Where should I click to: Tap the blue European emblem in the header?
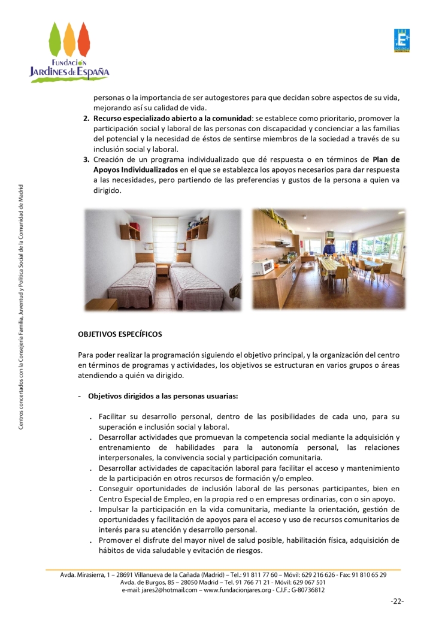(401, 41)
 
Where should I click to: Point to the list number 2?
(86, 118)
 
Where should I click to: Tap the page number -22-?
(396, 601)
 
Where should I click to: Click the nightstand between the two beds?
(162, 269)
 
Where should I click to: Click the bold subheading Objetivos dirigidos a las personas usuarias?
(163, 396)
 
